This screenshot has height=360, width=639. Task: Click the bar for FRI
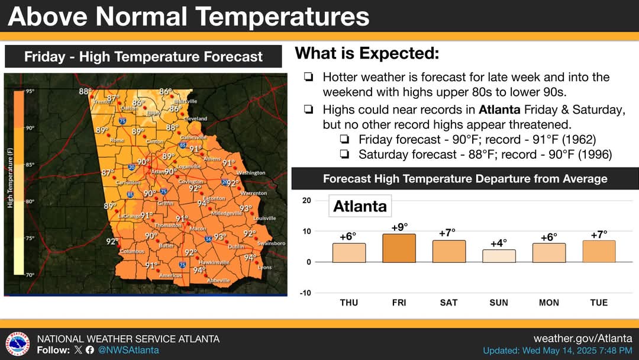(x=399, y=248)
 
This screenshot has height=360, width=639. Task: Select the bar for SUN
(x=499, y=256)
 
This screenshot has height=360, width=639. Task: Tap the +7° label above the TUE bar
(x=599, y=234)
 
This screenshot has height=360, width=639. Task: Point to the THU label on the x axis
(x=349, y=303)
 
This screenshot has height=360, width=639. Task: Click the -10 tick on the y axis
(x=306, y=293)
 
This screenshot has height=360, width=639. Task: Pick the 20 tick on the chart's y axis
(x=306, y=201)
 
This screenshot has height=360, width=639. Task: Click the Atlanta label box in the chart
(x=360, y=206)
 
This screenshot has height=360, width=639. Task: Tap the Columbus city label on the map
(x=132, y=252)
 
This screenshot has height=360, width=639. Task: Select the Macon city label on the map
(x=198, y=229)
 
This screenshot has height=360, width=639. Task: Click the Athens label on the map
(x=212, y=159)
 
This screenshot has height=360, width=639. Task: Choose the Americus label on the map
(x=170, y=275)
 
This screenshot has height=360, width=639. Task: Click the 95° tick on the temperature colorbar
(x=30, y=91)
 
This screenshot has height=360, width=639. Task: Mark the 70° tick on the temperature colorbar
(x=30, y=275)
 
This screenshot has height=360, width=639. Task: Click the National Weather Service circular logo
(x=18, y=344)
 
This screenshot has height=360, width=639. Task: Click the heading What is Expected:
(x=367, y=54)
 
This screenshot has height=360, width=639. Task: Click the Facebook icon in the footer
(x=90, y=350)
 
